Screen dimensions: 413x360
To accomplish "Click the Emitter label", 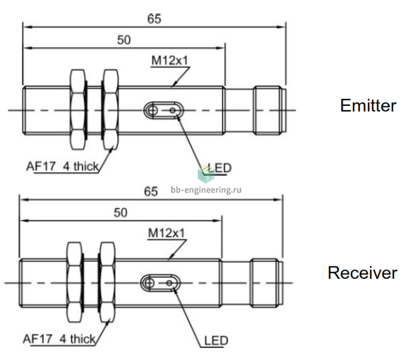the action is (x=368, y=106).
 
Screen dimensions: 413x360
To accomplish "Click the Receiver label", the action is (x=362, y=272).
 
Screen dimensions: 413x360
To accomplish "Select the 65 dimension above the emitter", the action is (x=154, y=19).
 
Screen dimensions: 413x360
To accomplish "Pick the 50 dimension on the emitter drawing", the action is (x=124, y=40).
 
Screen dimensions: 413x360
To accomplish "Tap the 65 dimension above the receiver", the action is (x=151, y=191).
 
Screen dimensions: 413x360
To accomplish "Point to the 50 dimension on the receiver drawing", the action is (x=121, y=212).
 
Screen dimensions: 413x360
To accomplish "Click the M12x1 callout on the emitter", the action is (x=169, y=61).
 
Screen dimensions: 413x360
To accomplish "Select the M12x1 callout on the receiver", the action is (x=167, y=233).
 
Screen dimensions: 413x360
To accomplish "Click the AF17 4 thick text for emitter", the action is (x=62, y=167).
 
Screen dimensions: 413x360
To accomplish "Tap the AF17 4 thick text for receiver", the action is (x=59, y=339).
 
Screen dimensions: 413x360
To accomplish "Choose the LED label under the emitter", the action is (x=220, y=168).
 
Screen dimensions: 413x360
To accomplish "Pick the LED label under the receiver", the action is (x=216, y=340).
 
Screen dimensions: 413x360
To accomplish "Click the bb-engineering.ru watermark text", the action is (x=206, y=190).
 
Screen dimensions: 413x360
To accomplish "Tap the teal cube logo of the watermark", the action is (x=206, y=174).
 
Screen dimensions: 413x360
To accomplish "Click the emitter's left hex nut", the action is (x=78, y=110).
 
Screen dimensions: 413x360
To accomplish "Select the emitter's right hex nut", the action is (x=111, y=110).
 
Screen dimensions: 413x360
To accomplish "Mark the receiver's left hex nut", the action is (x=75, y=282).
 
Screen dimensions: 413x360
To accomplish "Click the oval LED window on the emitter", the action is (x=164, y=110).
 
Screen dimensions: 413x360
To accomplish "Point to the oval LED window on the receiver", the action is (x=160, y=283).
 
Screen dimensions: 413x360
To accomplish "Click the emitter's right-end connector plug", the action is (x=270, y=110).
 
